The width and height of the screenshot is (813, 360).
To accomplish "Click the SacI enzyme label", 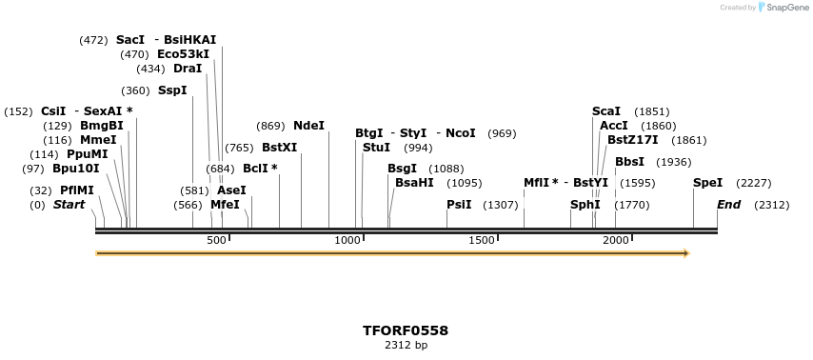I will pyautogui.click(x=130, y=40).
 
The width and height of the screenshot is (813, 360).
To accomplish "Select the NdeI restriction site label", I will pyautogui.click(x=308, y=126).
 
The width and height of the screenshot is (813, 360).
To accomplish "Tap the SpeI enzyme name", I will pyautogui.click(x=707, y=183).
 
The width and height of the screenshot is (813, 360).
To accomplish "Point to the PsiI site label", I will pyautogui.click(x=459, y=205).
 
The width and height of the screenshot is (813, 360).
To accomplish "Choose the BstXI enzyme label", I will pyautogui.click(x=279, y=148).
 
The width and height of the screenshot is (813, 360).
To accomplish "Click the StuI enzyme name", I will pyautogui.click(x=376, y=148).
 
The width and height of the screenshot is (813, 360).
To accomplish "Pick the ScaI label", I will pyautogui.click(x=605, y=111).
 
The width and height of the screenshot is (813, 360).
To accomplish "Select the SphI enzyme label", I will pyautogui.click(x=585, y=205).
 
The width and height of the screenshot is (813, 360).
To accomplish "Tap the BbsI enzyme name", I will pyautogui.click(x=629, y=162).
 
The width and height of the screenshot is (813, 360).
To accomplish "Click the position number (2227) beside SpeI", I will pyautogui.click(x=753, y=183).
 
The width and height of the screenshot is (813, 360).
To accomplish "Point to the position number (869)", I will pyautogui.click(x=271, y=126).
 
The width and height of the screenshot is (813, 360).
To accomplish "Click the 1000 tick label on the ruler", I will pyautogui.click(x=347, y=240).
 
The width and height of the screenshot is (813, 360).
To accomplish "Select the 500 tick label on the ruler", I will pyautogui.click(x=216, y=240).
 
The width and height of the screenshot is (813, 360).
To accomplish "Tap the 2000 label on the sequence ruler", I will pyautogui.click(x=615, y=240).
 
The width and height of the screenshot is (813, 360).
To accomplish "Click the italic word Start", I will pyautogui.click(x=69, y=205).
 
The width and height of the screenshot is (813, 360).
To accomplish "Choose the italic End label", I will pyautogui.click(x=728, y=205).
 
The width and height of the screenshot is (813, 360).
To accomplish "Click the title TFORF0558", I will pyautogui.click(x=406, y=330).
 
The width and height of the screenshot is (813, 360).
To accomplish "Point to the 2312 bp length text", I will pyautogui.click(x=406, y=345).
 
